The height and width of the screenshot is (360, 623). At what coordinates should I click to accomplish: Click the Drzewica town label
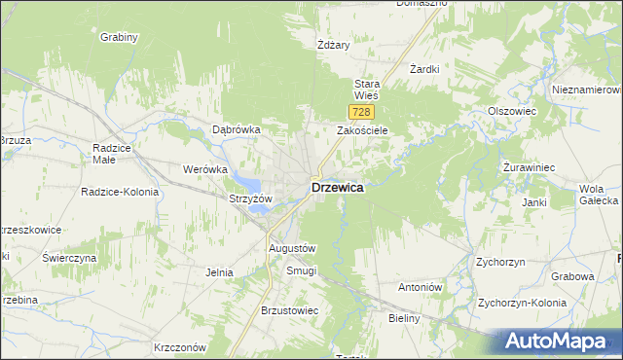point(337,188)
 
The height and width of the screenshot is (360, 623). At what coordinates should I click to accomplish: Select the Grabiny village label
point(119,37)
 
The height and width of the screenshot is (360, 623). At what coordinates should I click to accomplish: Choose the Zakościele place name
point(363,130)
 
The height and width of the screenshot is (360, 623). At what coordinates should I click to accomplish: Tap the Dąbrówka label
point(237,129)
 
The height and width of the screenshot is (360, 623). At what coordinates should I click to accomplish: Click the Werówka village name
point(204,169)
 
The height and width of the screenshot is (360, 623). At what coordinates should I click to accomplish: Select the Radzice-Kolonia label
point(120,192)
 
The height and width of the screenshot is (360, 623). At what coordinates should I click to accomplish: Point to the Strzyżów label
point(249,198)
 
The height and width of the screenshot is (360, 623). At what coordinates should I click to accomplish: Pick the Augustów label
point(293,249)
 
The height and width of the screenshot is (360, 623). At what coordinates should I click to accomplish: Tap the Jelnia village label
point(219,272)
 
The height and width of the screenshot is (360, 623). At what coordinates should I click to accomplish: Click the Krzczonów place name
point(181,347)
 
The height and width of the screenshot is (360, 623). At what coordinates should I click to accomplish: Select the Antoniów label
point(421,288)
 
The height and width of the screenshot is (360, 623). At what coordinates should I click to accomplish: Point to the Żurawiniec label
point(529,168)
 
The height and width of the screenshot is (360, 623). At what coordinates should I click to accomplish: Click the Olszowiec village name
point(512,112)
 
